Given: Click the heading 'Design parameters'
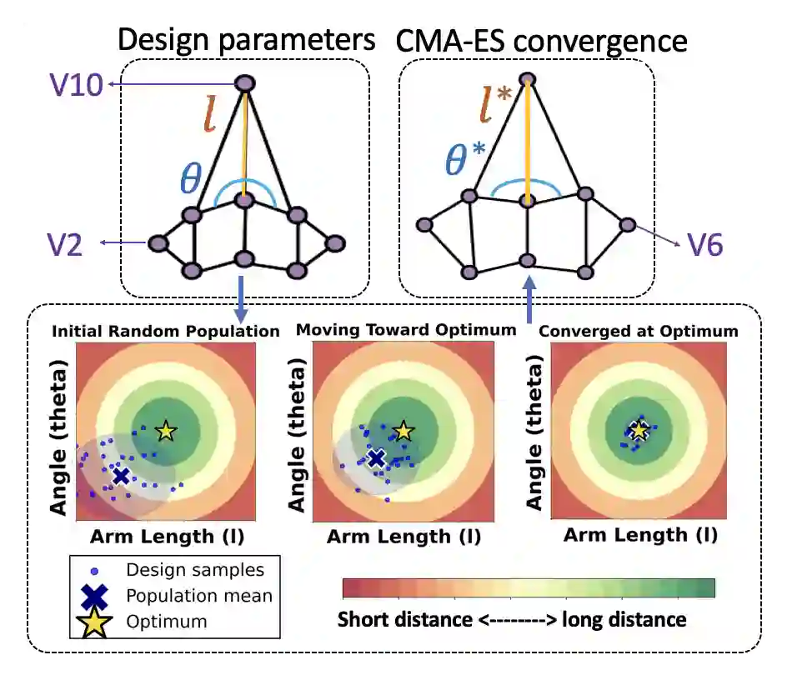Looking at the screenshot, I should point(246,40).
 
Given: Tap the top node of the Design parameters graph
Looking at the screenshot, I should point(244,83).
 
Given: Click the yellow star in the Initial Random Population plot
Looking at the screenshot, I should point(166,431).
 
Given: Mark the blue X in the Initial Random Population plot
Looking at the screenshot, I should point(122,476).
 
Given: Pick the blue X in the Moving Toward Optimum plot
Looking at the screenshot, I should point(377,457).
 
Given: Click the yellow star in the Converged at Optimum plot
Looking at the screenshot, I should point(639,430).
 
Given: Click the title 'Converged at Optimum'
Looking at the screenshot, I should point(639,331).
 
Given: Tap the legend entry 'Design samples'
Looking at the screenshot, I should point(195,570).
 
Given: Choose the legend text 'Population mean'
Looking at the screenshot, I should point(199,595).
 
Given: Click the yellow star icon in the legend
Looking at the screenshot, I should point(97,621).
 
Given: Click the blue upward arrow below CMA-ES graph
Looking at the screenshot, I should point(527,300).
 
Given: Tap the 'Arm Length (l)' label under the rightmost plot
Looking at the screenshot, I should point(640,535).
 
